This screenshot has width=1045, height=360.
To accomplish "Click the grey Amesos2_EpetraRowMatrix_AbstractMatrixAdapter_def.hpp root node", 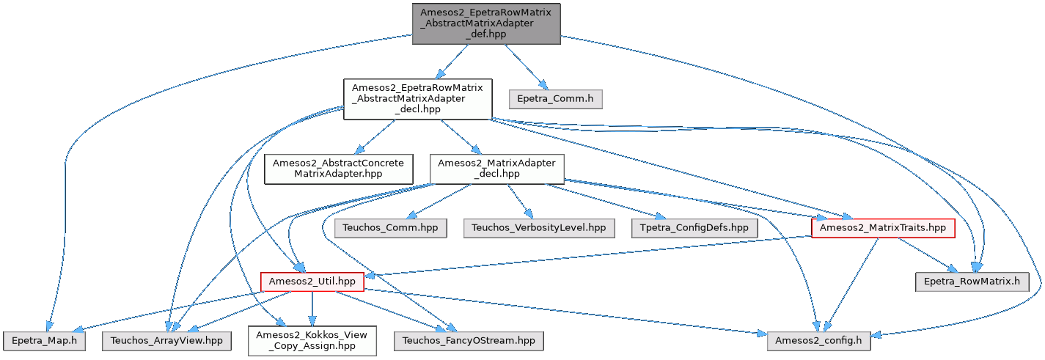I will coord(486,23).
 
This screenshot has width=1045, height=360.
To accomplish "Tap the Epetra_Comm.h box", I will coord(555,99).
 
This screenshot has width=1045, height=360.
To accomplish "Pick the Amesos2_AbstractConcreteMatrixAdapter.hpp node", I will coord(339,168).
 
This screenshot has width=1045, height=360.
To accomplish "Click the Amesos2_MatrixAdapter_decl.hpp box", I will coord(496,168).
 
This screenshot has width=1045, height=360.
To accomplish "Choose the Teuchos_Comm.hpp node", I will coord(390,227).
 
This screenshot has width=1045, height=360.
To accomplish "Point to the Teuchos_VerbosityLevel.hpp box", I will coord(539,227).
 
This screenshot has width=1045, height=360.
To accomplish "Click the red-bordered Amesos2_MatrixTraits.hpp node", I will coord(883,228).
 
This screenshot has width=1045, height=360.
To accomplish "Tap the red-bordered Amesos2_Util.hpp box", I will coord(312,281).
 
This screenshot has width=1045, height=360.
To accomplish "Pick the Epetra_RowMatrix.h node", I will coord(972,281).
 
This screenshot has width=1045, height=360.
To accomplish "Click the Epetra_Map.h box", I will coord(45,340).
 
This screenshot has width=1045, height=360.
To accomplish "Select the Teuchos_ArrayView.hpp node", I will coord(167,340).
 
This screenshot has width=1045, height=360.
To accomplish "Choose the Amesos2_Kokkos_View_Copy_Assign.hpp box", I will coord(312,340).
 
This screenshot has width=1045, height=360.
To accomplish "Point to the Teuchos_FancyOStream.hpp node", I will coord(468,340).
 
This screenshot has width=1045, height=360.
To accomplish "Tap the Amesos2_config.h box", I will coord(820,340).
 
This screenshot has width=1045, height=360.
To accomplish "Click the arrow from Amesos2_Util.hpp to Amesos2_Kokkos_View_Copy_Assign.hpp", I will coord(312,308).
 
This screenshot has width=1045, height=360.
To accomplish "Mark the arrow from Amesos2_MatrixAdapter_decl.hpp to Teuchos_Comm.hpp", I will coord(440,200).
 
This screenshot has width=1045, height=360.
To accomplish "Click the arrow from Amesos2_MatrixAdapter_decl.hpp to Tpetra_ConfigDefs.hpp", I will coord(609,201).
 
